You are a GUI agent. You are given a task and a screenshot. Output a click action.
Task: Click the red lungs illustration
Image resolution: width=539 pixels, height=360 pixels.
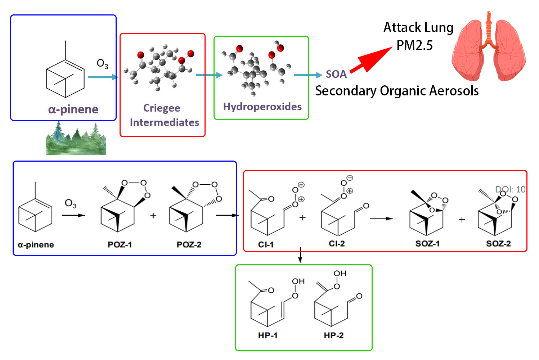[488, 49]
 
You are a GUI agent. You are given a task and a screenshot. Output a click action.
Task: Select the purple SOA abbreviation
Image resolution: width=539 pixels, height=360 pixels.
[336, 74]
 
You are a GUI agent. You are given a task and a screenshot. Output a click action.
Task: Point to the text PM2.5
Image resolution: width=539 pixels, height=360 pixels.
[414, 46]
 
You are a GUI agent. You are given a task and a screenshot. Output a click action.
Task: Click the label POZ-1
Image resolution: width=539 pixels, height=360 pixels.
[120, 245]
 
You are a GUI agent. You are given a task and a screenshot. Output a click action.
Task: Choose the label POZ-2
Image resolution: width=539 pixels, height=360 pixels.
[189, 245]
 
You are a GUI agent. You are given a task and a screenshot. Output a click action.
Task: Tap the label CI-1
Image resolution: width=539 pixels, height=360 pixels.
[266, 245]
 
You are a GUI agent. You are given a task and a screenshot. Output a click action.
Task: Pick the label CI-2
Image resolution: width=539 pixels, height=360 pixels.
[337, 244]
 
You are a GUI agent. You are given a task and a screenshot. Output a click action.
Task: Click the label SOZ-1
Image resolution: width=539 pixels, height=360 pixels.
[427, 244]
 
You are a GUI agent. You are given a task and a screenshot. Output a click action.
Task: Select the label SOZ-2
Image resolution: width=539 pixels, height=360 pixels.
[498, 244]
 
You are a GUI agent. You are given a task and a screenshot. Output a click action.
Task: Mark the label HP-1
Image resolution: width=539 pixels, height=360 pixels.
[268, 336]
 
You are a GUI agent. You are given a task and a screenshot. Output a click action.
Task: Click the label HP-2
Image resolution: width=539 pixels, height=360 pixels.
[333, 336]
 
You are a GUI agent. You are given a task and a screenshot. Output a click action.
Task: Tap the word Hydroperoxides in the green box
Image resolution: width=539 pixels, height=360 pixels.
[262, 107]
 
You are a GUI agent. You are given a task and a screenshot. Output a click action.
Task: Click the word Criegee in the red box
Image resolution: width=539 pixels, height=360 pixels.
[162, 108]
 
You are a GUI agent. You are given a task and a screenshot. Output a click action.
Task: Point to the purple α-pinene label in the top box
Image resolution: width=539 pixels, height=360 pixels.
[73, 109]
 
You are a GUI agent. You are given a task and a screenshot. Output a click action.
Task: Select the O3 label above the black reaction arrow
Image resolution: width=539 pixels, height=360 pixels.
[70, 204]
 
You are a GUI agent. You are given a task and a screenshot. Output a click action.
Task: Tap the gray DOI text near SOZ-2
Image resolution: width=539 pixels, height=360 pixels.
[510, 189]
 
